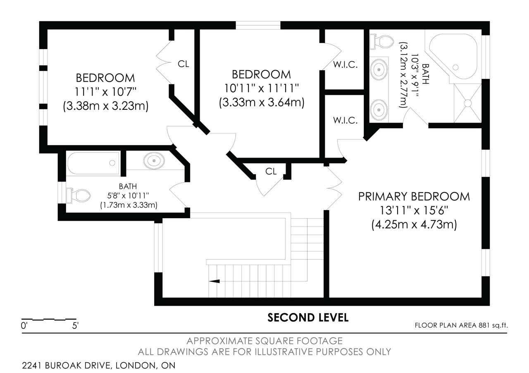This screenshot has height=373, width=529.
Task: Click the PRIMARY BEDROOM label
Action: (414, 196)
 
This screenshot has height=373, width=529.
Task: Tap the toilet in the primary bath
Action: (381, 42)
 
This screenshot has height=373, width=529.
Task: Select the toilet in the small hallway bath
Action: (79, 196)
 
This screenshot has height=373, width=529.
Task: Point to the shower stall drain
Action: (467, 103)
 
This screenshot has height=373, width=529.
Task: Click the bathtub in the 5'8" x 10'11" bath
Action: (93, 163)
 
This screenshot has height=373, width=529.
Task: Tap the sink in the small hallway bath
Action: (154, 161)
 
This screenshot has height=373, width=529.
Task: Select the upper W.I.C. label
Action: (345, 65)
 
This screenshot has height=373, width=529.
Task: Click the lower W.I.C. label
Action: (345, 120)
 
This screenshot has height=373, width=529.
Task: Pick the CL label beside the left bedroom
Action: (183, 64)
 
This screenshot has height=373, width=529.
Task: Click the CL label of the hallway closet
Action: (271, 171)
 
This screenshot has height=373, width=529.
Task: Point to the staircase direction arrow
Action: (214, 281)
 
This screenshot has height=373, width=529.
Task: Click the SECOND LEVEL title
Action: (308, 318)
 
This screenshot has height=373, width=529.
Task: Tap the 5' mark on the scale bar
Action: (75, 326)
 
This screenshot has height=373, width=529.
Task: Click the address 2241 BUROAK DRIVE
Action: (66, 366)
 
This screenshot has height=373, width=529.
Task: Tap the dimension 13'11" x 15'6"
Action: (414, 210)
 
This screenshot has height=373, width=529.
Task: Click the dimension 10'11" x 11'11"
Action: (262, 88)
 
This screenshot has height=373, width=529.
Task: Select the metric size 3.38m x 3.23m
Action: (105, 106)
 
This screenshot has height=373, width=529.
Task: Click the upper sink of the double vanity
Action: (379, 70)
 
